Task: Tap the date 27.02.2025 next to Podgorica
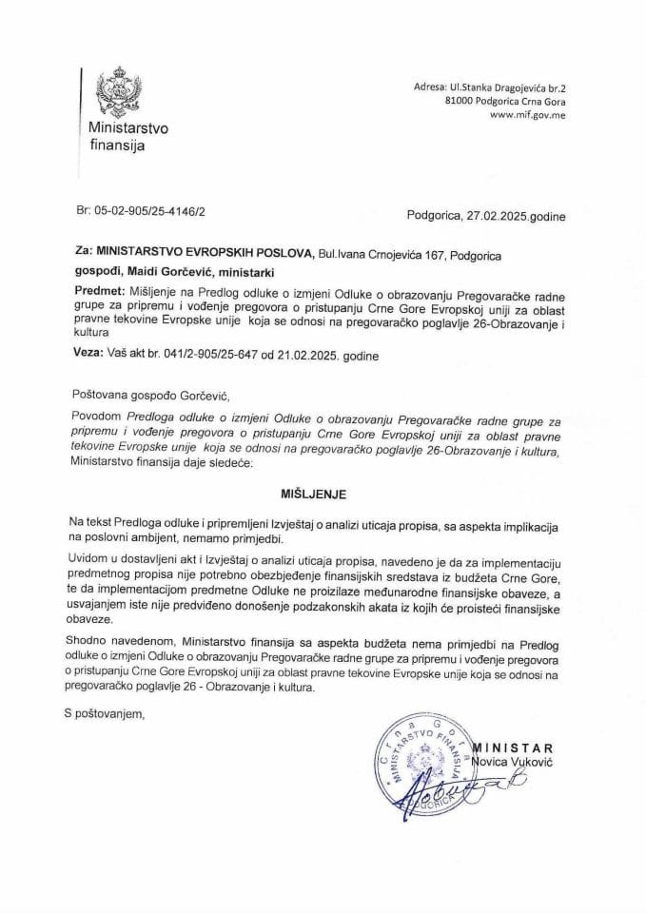click(x=502, y=217)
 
